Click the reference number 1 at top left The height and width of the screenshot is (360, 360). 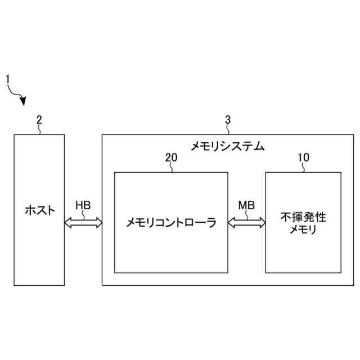pyautogui.click(x=8, y=79)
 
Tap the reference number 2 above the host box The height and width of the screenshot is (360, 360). pyautogui.click(x=39, y=119)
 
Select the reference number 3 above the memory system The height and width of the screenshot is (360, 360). pyautogui.click(x=227, y=119)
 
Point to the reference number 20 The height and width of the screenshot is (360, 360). pyautogui.click(x=171, y=157)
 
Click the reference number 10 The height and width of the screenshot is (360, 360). pyautogui.click(x=303, y=157)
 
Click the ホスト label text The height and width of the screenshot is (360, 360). pyautogui.click(x=40, y=210)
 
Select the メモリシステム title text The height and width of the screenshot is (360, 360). pyautogui.click(x=227, y=146)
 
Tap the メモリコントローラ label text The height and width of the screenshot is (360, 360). pyautogui.click(x=171, y=223)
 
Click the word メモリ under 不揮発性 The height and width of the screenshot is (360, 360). pyautogui.click(x=303, y=229)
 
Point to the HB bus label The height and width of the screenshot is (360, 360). pyautogui.click(x=83, y=205)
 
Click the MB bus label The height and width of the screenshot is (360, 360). pyautogui.click(x=246, y=205)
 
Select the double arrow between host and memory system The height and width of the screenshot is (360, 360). pyautogui.click(x=83, y=223)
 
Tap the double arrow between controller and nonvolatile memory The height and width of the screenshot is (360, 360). pyautogui.click(x=246, y=223)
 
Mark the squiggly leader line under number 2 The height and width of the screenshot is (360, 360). pyautogui.click(x=39, y=129)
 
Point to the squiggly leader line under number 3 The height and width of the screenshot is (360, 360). pyautogui.click(x=227, y=129)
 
